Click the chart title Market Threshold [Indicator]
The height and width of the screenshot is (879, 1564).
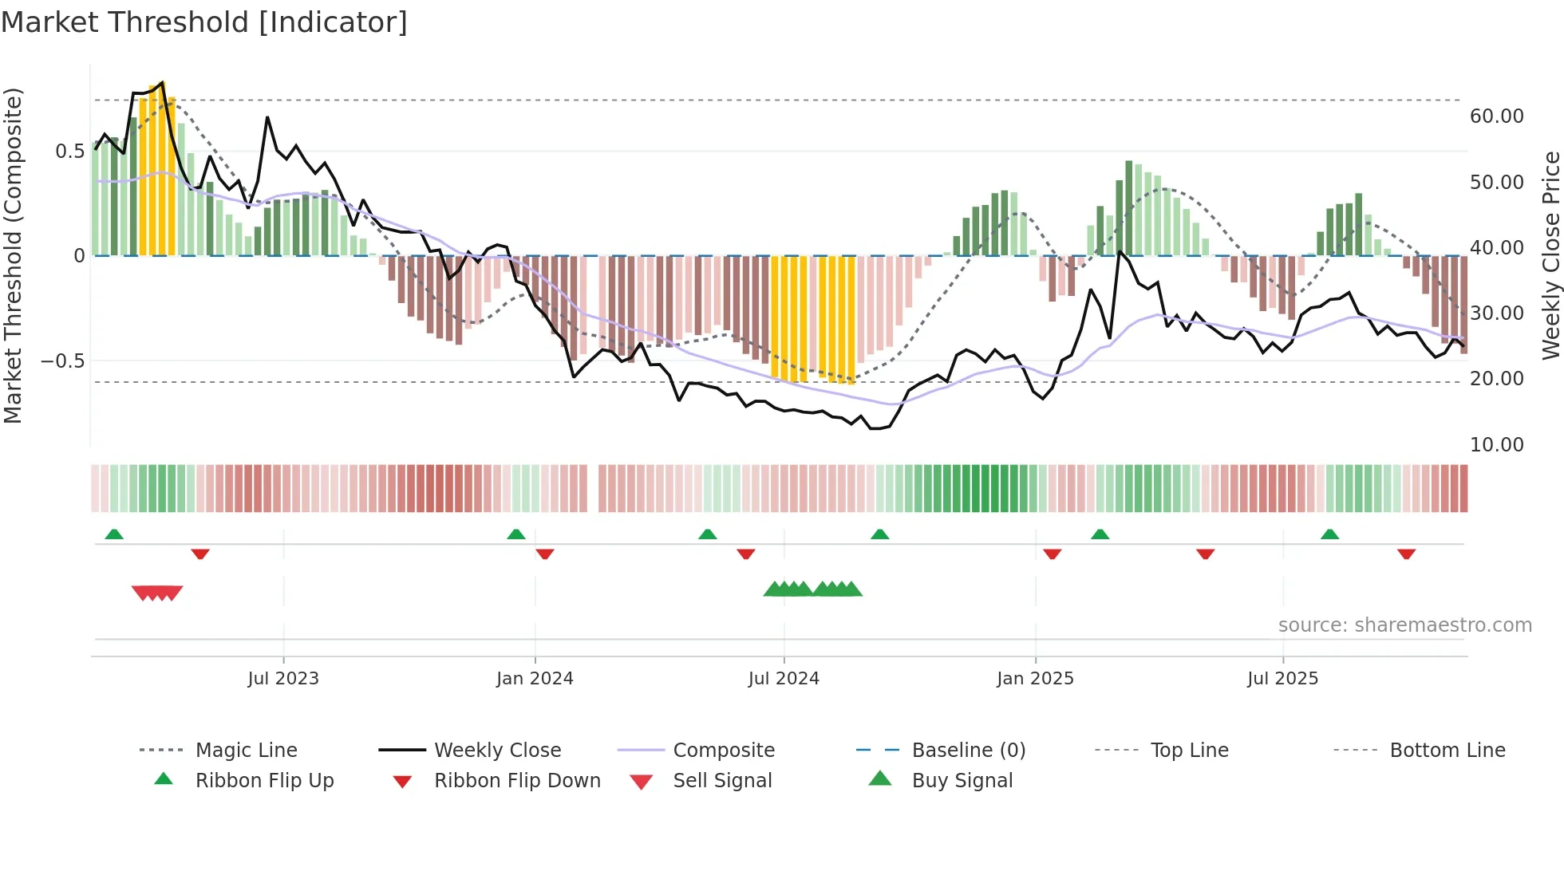pyautogui.click(x=204, y=22)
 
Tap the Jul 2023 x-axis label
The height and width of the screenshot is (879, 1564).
pyautogui.click(x=283, y=679)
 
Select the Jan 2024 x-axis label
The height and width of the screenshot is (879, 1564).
pyautogui.click(x=535, y=679)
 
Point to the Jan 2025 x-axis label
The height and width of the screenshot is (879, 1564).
pyautogui.click(x=1035, y=679)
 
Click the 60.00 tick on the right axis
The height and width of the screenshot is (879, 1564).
pyautogui.click(x=1496, y=116)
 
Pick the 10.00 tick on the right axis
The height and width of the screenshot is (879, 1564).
pyautogui.click(x=1496, y=445)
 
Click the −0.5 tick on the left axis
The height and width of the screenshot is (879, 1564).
pyautogui.click(x=62, y=361)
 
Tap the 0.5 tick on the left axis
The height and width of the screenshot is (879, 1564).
pyautogui.click(x=69, y=152)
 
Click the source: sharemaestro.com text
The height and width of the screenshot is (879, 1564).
pyautogui.click(x=1404, y=625)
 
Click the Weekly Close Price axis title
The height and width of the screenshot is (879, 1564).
pyautogui.click(x=1550, y=255)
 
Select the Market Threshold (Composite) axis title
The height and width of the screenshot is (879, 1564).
pyautogui.click(x=13, y=255)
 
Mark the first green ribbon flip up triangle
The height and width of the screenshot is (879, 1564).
pyautogui.click(x=114, y=534)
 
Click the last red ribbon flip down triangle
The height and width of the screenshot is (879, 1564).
pyautogui.click(x=1406, y=554)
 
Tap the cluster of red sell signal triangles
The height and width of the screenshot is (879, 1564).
pyautogui.click(x=157, y=593)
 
